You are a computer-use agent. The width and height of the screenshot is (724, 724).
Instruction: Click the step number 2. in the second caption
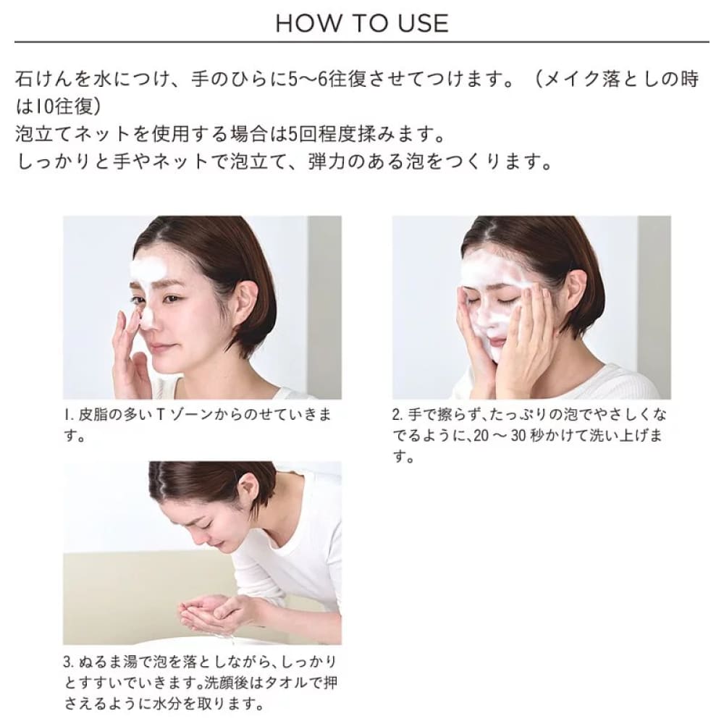pyautogui.click(x=398, y=415)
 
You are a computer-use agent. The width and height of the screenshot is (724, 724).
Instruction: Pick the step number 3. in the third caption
pyautogui.click(x=70, y=662)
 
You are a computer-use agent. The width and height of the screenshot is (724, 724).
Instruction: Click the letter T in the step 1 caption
pyautogui.click(x=161, y=415)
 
